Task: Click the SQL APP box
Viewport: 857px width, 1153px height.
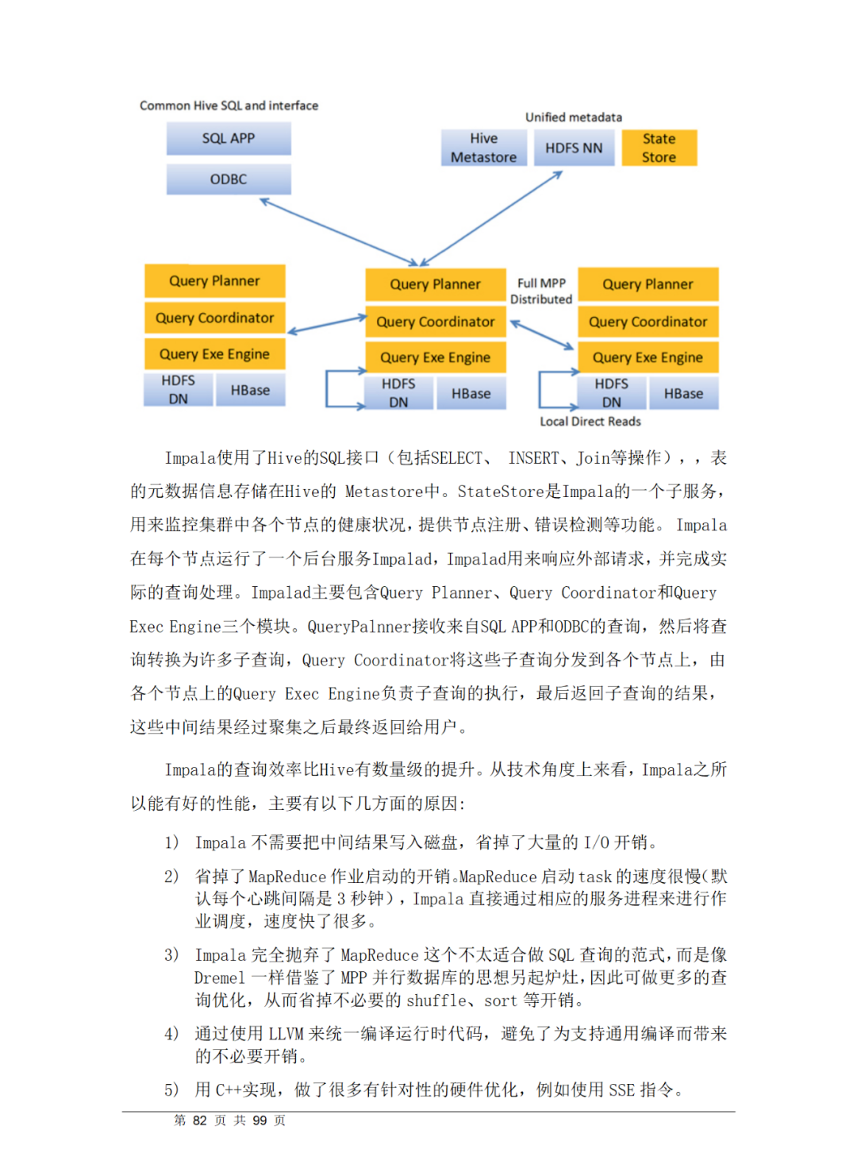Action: tap(229, 139)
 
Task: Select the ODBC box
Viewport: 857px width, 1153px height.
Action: tap(229, 179)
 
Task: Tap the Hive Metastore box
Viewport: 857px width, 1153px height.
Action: tap(483, 148)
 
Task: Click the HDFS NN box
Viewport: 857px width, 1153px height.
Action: tap(574, 148)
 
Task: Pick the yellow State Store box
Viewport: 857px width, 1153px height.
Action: tap(659, 148)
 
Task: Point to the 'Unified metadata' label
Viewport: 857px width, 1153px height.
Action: tap(574, 118)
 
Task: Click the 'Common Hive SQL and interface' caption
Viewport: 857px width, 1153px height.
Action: tap(229, 106)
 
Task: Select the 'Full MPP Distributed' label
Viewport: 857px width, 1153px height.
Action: tap(541, 291)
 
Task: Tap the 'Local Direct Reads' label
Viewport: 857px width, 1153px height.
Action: tap(590, 422)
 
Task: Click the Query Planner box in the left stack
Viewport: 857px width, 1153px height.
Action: tap(214, 281)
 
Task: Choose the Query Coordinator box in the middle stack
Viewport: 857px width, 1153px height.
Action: tap(435, 322)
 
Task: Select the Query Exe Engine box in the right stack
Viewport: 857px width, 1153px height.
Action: tap(648, 357)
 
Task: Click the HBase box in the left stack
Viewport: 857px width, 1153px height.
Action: tap(250, 391)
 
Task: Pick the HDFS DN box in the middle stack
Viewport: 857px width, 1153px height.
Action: tap(398, 393)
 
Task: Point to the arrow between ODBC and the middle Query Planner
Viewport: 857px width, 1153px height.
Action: tap(339, 232)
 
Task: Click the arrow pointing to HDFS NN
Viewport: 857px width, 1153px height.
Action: tap(492, 218)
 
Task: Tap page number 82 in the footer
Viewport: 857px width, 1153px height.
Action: tap(200, 1120)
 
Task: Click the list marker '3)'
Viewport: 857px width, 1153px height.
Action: tap(171, 954)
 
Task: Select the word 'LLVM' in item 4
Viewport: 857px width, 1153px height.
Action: tap(286, 1034)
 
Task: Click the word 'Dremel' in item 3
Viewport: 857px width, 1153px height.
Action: tap(220, 978)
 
